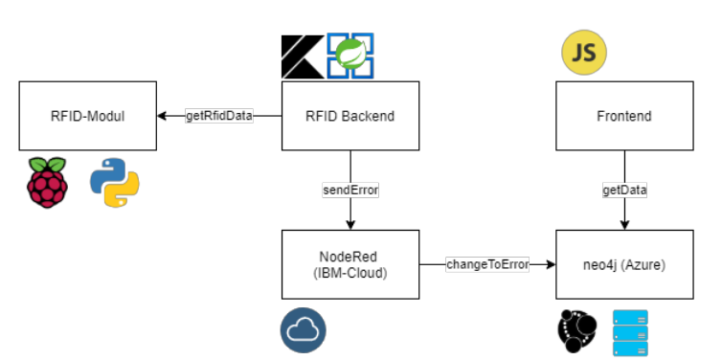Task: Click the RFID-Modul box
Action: click(88, 116)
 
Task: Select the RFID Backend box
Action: click(350, 116)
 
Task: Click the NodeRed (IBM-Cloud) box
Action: click(350, 263)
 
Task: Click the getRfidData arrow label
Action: click(219, 116)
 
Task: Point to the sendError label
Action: click(350, 190)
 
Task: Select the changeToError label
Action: click(487, 263)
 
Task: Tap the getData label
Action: click(624, 190)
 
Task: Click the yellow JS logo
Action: click(583, 55)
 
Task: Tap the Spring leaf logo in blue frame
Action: click(350, 56)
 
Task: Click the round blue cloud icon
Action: click(304, 329)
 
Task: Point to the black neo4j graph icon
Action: click(579, 331)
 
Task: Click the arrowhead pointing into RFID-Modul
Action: click(163, 116)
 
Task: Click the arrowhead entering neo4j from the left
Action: click(553, 263)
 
